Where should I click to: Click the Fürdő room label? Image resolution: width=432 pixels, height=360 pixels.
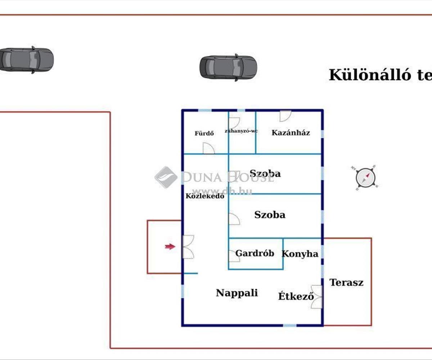tap(204, 133)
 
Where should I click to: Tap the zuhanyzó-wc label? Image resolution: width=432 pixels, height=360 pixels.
tap(241, 131)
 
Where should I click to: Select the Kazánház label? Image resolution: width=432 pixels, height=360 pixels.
tap(291, 132)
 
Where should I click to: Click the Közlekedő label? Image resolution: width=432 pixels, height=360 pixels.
tap(205, 196)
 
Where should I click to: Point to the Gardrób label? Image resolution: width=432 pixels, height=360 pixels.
tap(255, 253)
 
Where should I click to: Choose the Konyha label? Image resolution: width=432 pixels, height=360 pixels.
tap(300, 254)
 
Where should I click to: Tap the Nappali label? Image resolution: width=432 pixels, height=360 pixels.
tap(237, 293)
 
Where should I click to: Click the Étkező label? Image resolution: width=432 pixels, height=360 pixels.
tap(296, 297)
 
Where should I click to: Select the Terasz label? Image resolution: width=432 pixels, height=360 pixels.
tap(346, 283)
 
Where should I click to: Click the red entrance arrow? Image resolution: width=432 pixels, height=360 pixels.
tap(170, 247)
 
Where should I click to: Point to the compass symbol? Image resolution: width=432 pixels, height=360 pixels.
tap(365, 177)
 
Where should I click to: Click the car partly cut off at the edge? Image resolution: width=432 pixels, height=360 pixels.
tap(26, 59)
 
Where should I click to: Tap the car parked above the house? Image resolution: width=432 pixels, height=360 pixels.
tap(228, 67)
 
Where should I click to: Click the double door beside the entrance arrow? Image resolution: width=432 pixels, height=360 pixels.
tap(188, 247)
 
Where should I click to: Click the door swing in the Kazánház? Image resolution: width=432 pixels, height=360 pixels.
tap(285, 116)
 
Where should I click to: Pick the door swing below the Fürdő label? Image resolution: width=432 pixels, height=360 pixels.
tap(209, 148)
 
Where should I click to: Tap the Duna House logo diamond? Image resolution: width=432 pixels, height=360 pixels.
tap(166, 177)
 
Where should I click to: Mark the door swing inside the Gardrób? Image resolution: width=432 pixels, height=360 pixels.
tap(234, 256)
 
